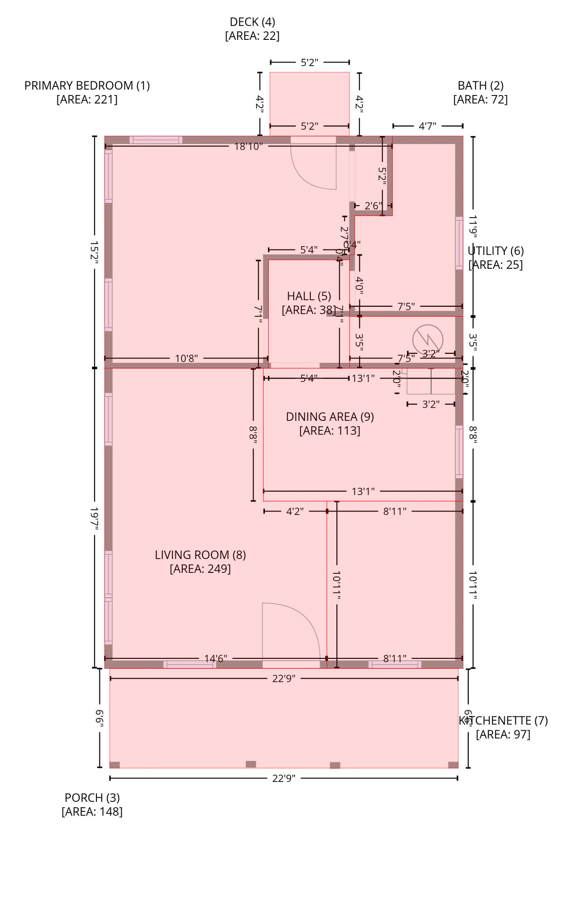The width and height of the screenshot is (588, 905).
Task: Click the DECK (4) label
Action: click(x=252, y=22)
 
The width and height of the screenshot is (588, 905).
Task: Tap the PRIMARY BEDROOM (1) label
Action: click(x=87, y=86)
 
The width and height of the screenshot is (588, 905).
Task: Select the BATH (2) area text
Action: click(x=480, y=100)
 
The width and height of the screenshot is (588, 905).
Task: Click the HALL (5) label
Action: click(x=309, y=296)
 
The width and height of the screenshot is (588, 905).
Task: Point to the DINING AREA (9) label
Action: click(x=330, y=417)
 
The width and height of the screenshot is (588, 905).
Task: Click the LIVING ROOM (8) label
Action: click(x=200, y=555)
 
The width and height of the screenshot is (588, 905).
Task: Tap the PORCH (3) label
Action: click(x=92, y=798)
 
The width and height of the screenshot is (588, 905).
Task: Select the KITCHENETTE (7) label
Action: click(x=503, y=721)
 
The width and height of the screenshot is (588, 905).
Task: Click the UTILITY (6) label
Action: click(x=496, y=251)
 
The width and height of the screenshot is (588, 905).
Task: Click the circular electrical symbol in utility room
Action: click(x=427, y=339)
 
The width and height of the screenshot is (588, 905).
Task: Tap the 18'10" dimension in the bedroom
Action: click(x=248, y=147)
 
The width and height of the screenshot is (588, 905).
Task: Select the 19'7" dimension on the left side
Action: click(x=94, y=518)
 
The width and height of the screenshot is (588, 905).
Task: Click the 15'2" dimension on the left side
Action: click(x=94, y=252)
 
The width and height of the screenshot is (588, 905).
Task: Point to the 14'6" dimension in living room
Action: click(x=215, y=658)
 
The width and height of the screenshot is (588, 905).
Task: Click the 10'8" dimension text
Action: click(x=186, y=358)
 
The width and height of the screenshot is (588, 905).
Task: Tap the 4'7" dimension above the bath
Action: click(x=427, y=126)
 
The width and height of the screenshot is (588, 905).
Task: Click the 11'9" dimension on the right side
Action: click(x=473, y=226)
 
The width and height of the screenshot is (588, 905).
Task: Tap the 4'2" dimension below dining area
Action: click(x=295, y=511)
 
